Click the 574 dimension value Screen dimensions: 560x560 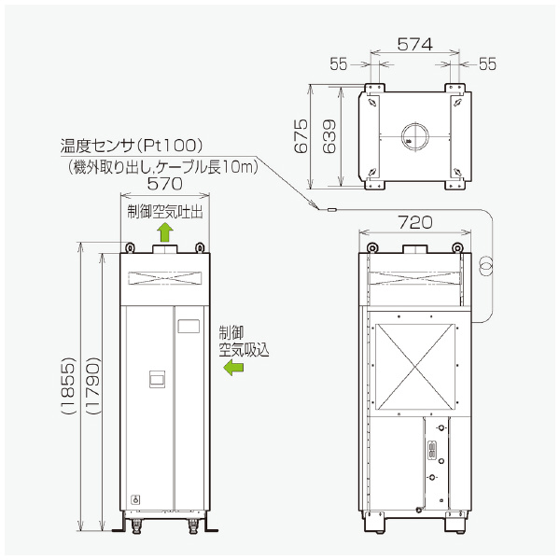(413, 43)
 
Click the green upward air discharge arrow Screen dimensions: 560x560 (164, 231)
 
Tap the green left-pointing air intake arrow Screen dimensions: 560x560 (231, 369)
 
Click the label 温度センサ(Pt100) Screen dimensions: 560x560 (132, 147)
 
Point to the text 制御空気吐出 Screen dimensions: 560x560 (165, 211)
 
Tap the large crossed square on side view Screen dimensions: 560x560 (413, 367)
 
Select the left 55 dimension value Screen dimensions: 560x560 (338, 63)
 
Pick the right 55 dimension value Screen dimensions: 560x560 (489, 63)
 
